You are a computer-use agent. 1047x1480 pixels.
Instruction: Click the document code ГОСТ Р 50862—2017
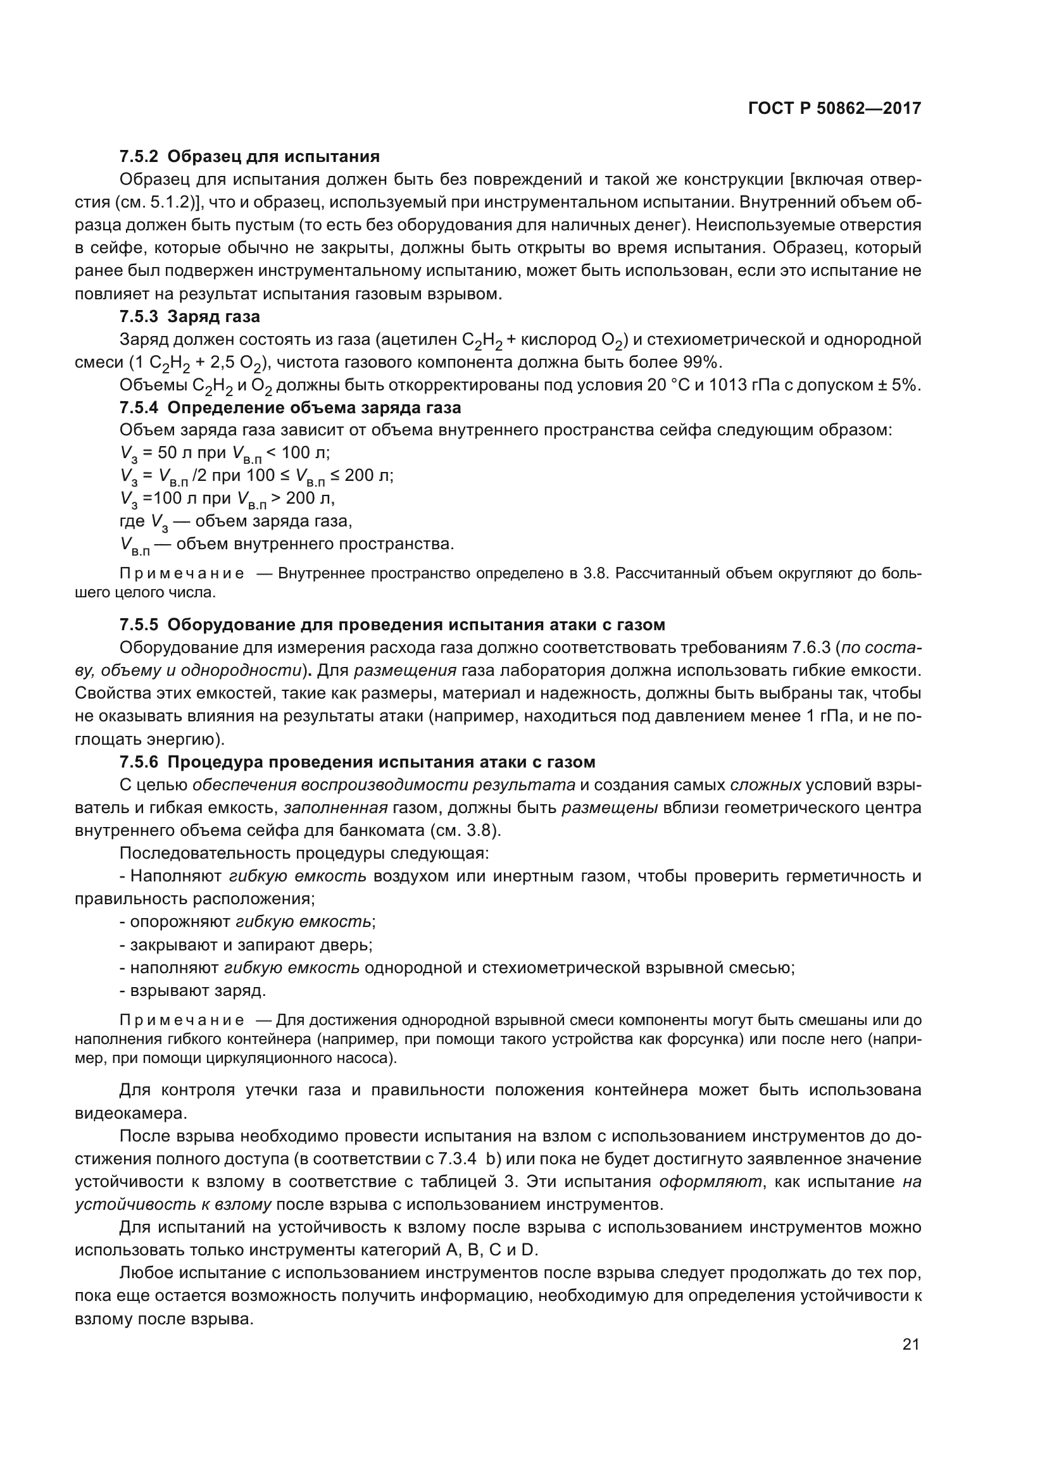coord(834,108)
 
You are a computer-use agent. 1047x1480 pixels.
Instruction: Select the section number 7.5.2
coord(139,156)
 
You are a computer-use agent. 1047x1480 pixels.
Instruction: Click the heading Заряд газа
coord(213,316)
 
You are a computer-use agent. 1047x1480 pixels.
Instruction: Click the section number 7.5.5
coord(139,625)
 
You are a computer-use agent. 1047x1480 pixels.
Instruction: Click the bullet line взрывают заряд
coord(193,990)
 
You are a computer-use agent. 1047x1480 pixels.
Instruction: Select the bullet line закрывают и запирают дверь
coord(246,945)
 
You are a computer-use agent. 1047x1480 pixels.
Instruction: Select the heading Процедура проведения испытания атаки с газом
coord(381,762)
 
